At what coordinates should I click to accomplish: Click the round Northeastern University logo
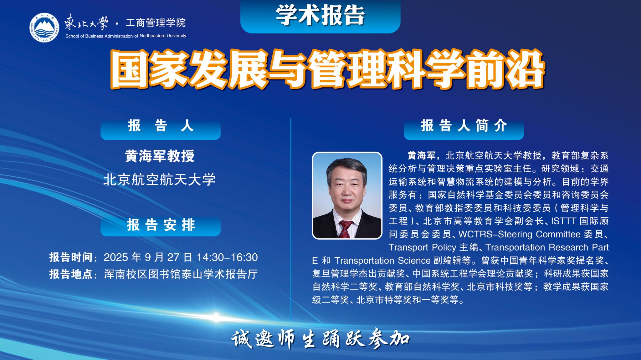point(44,28)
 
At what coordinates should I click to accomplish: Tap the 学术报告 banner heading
point(320,15)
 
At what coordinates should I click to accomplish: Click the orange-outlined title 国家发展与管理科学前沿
point(328,69)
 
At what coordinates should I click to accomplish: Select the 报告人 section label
point(161,126)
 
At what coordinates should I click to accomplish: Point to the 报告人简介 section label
point(464,126)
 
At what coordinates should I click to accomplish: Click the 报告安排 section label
point(161,225)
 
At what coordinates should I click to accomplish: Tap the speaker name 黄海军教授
point(160,156)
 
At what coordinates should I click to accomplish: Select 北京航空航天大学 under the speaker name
point(160,180)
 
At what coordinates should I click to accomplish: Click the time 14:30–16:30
point(227,257)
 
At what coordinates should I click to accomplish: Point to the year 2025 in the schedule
point(116,257)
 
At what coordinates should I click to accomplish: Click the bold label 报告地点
point(71,274)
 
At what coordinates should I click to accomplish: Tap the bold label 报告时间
point(71,257)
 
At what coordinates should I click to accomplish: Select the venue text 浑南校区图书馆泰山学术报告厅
point(181,274)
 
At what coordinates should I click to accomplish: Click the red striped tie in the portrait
point(345,229)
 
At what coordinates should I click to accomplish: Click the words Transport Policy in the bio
point(422,247)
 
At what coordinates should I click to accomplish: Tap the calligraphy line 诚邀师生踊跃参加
point(320,339)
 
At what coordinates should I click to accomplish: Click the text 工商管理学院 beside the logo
point(156,23)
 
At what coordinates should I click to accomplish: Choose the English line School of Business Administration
point(126,36)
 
